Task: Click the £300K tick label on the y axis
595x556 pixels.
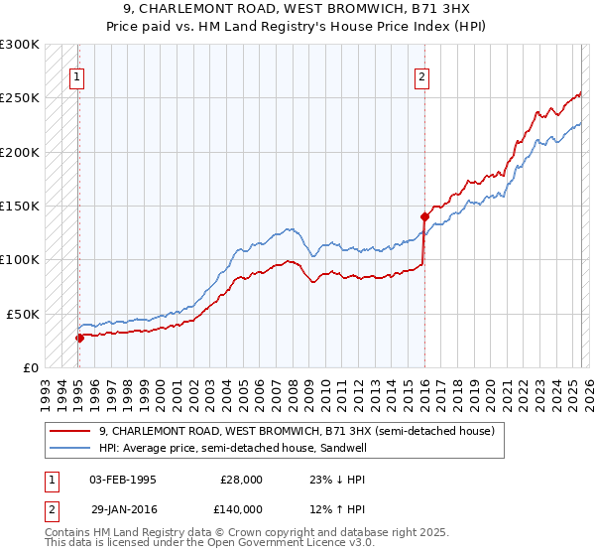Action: point(20,45)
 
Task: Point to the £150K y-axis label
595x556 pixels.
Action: point(20,206)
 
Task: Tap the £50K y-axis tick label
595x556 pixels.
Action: point(23,314)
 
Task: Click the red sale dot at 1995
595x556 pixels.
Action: point(79,338)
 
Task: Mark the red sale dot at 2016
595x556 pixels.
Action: point(424,216)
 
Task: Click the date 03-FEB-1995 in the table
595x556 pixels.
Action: point(123,480)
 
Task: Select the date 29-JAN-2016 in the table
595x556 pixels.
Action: point(123,508)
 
